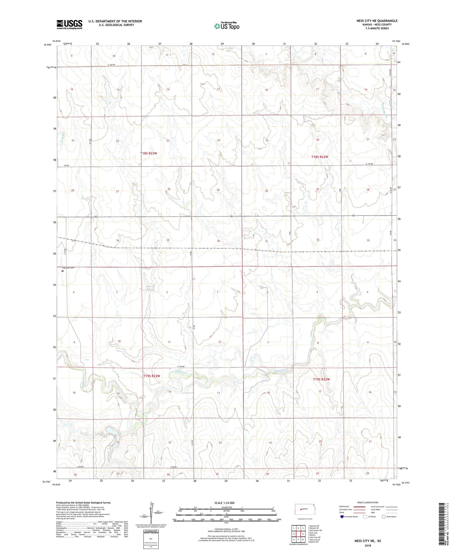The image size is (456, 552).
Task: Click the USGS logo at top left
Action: pos(69,24)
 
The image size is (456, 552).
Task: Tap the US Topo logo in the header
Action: pos(226,26)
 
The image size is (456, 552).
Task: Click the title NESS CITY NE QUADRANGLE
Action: pos(377,21)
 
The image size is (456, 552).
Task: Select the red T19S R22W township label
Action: pos(321,379)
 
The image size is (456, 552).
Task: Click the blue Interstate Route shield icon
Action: pos(342,516)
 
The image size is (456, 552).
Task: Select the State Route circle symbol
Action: pos(384,516)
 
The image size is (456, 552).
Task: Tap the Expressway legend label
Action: pos(344,507)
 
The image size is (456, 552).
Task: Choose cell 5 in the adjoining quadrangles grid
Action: pos(303,534)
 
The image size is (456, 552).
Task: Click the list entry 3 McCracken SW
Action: pos(315,530)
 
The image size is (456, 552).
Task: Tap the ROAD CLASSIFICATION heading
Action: pos(368,502)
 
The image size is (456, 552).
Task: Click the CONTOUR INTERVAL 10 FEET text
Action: pos(226,529)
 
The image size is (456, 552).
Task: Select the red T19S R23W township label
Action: pos(151,376)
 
